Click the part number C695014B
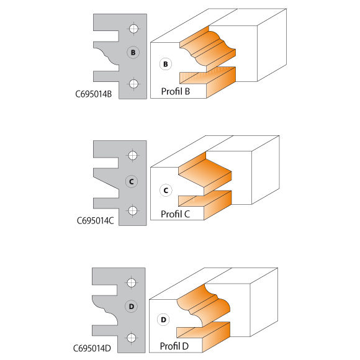pyautogui.click(x=94, y=94)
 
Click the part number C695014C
pyautogui.click(x=95, y=221)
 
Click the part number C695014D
pyautogui.click(x=92, y=348)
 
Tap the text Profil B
pyautogui.click(x=176, y=91)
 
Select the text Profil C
pyautogui.click(x=175, y=214)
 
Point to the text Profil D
pyautogui.click(x=174, y=346)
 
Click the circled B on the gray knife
pyautogui.click(x=133, y=52)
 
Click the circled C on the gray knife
pyautogui.click(x=132, y=182)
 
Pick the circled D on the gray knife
pyautogui.click(x=132, y=306)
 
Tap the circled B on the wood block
pyautogui.click(x=166, y=64)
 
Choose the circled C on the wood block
pyautogui.click(x=166, y=191)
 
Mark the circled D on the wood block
pyautogui.click(x=163, y=320)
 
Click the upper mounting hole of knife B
pyautogui.click(x=133, y=29)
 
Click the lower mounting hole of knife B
pyautogui.click(x=133, y=84)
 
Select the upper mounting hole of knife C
pyautogui.click(x=132, y=155)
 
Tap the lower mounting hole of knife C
pyautogui.click(x=132, y=210)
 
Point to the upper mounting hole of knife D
pyautogui.click(x=132, y=282)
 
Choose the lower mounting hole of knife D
pyautogui.click(x=132, y=338)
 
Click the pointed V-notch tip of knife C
pyautogui.click(x=119, y=190)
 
